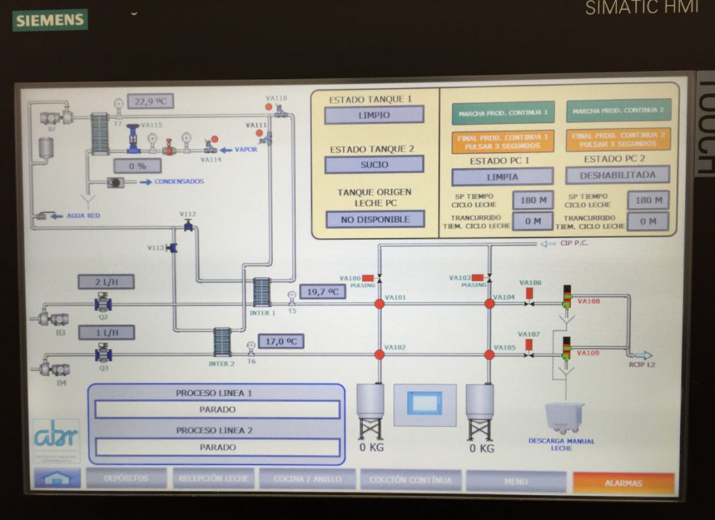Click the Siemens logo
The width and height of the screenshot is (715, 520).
point(50,20)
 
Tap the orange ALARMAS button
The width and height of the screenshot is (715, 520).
point(624,482)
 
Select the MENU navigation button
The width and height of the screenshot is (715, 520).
point(515,481)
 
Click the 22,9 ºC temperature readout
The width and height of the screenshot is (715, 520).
point(150,101)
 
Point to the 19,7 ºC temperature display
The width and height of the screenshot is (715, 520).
point(322,292)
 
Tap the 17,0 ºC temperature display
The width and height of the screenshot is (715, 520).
point(281,341)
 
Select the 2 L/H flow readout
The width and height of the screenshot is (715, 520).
point(106,282)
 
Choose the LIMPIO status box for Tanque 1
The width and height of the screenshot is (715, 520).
point(374,115)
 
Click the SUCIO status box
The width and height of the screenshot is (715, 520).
point(374,165)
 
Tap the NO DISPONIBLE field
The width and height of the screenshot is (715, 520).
point(374,219)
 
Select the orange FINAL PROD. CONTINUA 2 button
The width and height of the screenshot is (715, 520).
point(618,140)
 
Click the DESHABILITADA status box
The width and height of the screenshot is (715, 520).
point(617,175)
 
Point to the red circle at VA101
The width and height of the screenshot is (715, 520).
point(379,304)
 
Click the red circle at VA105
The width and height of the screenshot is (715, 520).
point(489,355)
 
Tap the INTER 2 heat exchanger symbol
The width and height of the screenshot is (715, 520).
point(222,342)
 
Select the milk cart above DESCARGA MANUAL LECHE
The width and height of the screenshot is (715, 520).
point(563,417)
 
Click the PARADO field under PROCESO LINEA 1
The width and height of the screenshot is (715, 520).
point(217,410)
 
